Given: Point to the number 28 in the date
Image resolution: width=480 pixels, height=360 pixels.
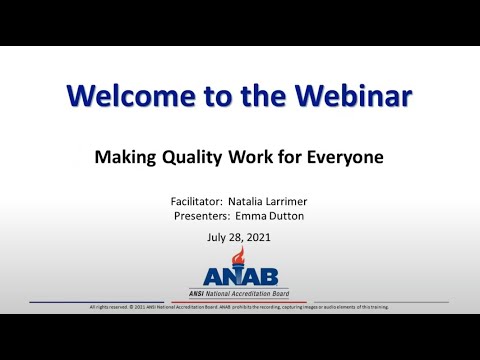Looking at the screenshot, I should [236, 237].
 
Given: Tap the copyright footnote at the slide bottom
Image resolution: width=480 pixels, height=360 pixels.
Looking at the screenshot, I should [240, 307].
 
